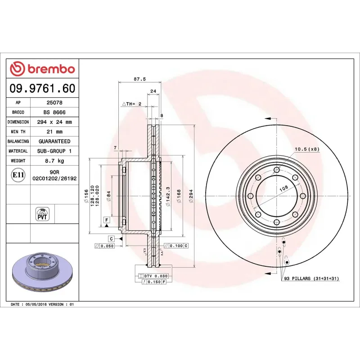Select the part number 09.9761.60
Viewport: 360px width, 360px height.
(x=42, y=88)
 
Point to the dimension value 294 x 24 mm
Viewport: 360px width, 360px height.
(x=54, y=122)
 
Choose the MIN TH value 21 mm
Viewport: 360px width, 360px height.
(x=54, y=131)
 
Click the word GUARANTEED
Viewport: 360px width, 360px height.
(x=54, y=141)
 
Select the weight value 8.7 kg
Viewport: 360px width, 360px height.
(x=54, y=161)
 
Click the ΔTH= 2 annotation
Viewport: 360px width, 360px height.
(x=132, y=103)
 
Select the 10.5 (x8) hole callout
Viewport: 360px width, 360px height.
(x=306, y=149)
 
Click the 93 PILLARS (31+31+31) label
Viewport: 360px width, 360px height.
(x=311, y=279)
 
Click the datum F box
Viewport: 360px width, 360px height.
(x=107, y=220)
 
